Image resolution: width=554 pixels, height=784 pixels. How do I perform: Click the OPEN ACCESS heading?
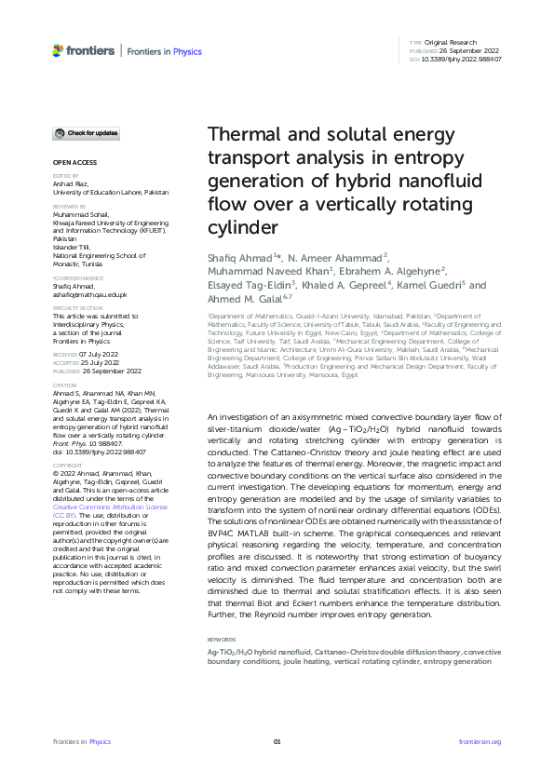[x=68, y=162]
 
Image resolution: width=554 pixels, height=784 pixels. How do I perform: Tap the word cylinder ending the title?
[x=237, y=227]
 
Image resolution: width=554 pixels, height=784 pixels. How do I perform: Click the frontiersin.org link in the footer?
[x=480, y=741]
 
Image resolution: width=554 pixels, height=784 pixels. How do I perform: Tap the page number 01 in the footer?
[x=277, y=741]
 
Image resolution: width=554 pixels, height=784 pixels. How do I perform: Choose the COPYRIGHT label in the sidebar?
[x=67, y=463]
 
